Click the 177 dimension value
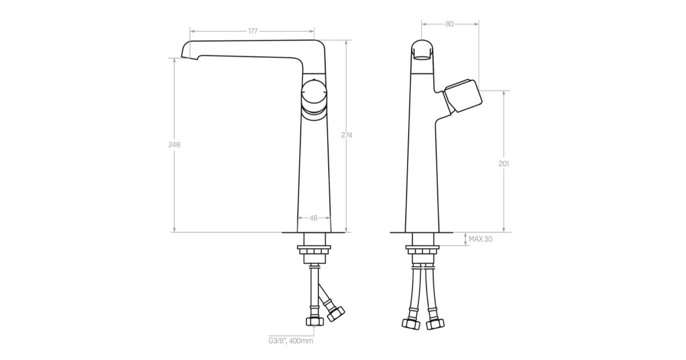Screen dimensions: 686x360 tap(253, 31)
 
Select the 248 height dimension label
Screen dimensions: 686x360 tap(174, 145)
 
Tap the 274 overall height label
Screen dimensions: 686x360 tap(346, 135)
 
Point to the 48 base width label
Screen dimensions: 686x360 tap(314, 218)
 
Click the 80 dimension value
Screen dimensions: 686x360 tap(449, 24)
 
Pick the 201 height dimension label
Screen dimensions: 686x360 tap(504, 164)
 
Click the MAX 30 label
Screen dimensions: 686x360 tap(481, 239)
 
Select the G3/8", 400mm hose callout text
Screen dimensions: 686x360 tap(291, 341)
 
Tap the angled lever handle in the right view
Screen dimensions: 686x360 tap(462, 95)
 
